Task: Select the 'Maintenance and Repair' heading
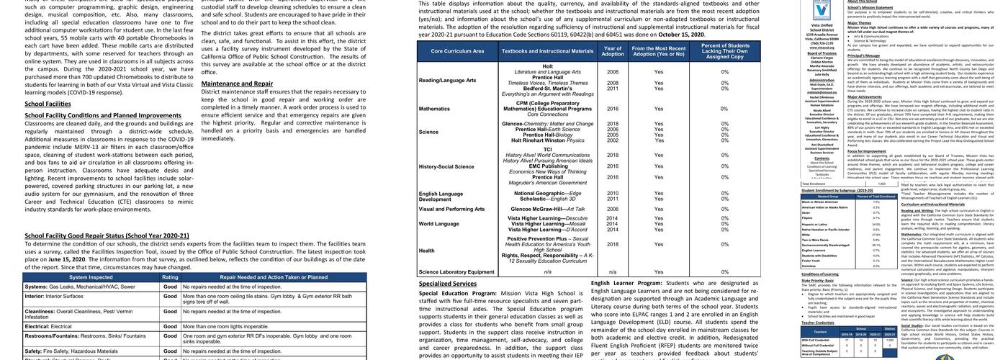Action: click(x=237, y=84)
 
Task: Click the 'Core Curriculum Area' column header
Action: click(x=457, y=51)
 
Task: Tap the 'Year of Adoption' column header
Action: click(x=612, y=51)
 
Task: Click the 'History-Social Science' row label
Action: click(x=446, y=166)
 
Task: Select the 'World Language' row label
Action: click(x=438, y=223)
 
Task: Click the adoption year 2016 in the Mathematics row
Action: click(x=613, y=109)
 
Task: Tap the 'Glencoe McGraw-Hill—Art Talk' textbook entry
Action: click(x=547, y=209)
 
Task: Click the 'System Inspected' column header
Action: click(x=91, y=276)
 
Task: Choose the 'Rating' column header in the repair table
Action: click(x=170, y=276)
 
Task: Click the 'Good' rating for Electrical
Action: click(x=170, y=326)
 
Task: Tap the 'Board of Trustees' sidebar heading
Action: click(x=822, y=53)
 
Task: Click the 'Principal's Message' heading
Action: click(x=866, y=55)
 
